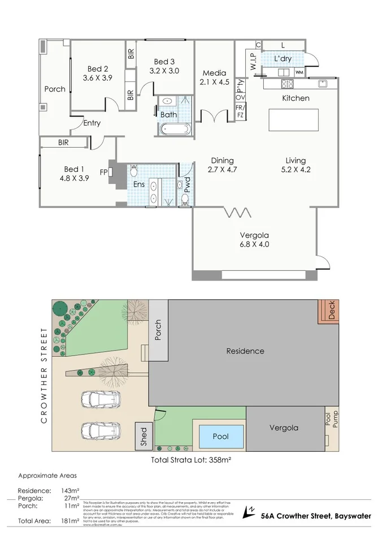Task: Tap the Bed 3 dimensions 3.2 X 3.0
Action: [164, 71]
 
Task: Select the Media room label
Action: [214, 73]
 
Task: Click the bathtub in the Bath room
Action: [175, 130]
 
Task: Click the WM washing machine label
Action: [299, 72]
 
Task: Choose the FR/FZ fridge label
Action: [240, 111]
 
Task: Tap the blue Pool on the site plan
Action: [221, 437]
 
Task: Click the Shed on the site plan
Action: [144, 437]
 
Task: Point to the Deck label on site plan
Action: [332, 310]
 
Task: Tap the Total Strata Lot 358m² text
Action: [191, 460]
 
